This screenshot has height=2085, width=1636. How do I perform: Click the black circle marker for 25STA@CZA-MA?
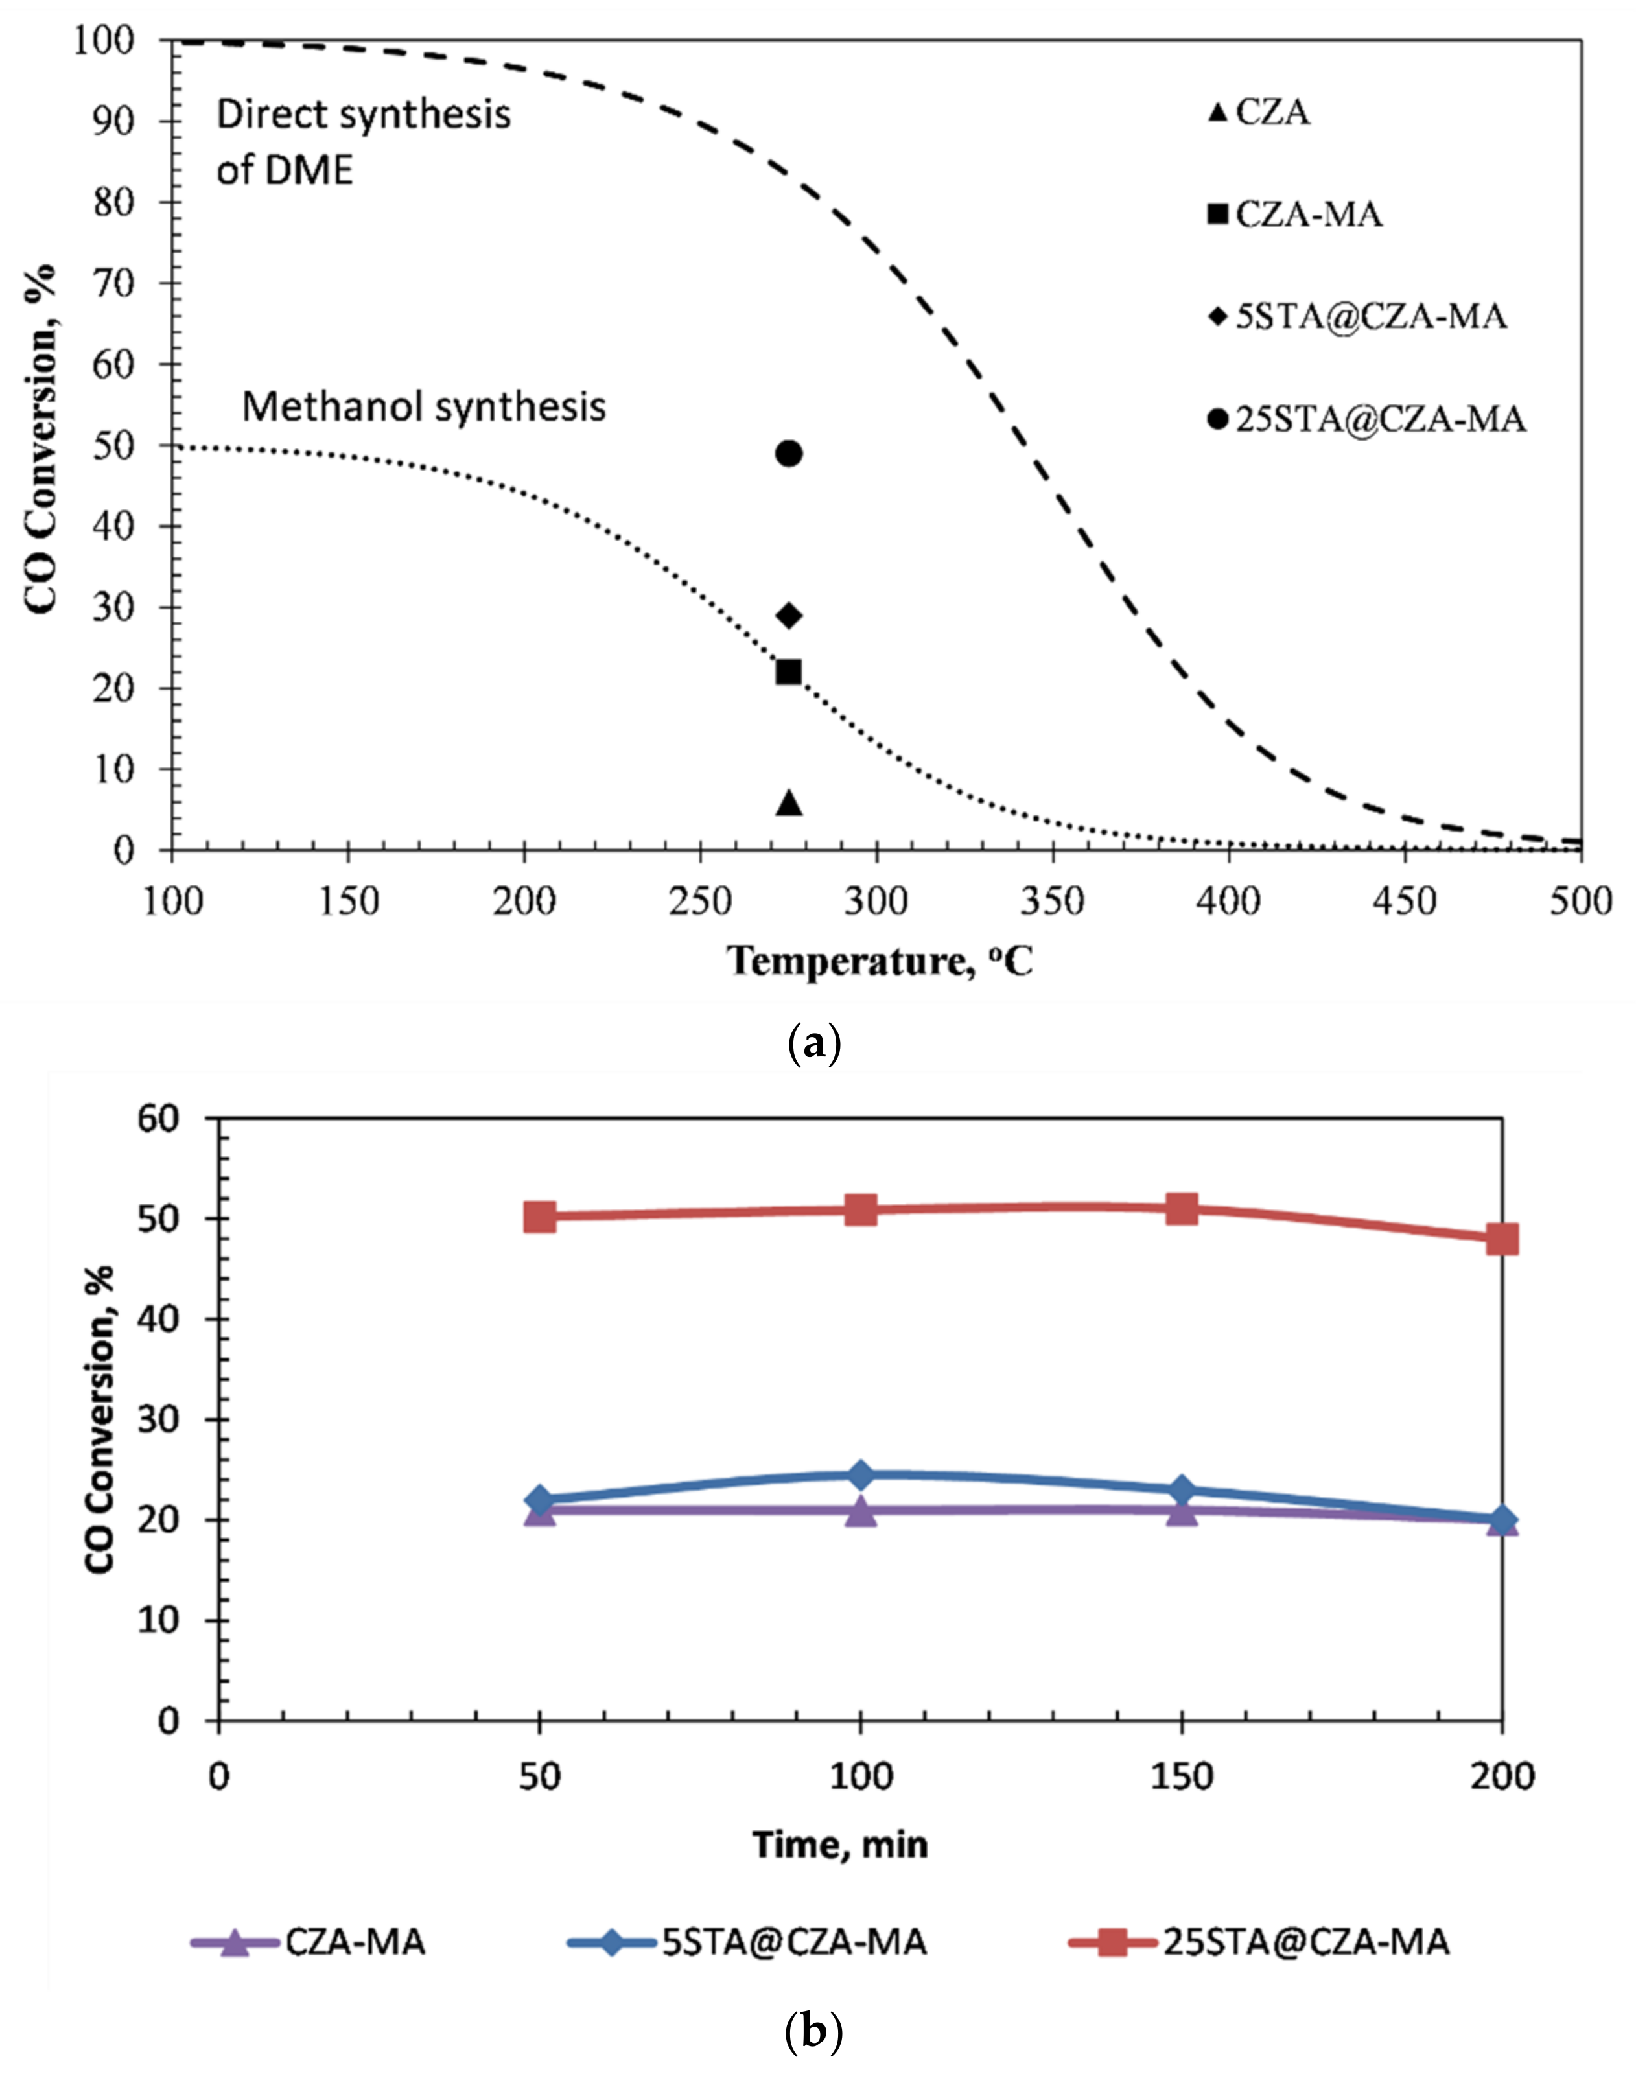788,453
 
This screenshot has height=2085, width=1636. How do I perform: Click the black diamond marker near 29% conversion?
788,615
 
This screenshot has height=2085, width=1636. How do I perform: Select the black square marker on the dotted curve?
788,671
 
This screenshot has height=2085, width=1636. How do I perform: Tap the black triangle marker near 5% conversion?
788,802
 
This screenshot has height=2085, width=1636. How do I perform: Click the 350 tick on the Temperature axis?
1053,902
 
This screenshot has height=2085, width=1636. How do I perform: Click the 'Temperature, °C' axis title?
882,961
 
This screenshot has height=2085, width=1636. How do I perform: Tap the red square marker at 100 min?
860,1209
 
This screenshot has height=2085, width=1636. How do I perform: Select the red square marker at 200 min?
1502,1239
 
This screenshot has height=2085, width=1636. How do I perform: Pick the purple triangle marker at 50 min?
540,1511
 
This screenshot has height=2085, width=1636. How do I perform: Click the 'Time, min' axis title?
840,1844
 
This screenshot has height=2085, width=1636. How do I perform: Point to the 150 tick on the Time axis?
1181,1776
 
